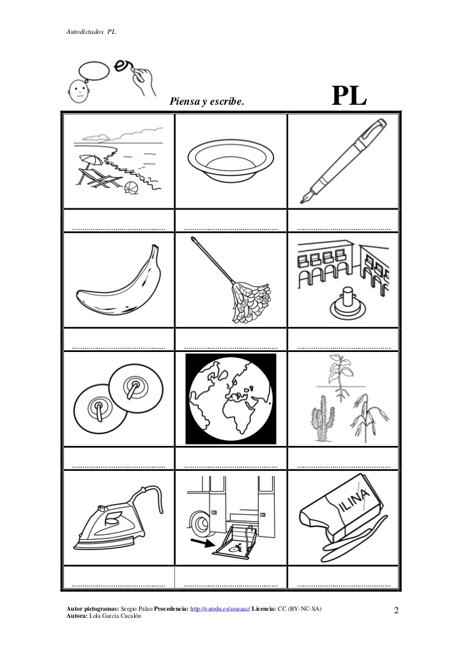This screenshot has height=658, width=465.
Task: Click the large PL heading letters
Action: click(349, 96)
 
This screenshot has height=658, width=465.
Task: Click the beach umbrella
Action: click(90, 160)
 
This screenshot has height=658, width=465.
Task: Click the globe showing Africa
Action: click(231, 399)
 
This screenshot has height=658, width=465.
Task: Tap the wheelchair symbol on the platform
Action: click(237, 547)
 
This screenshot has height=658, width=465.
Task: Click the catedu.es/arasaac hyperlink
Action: click(220, 609)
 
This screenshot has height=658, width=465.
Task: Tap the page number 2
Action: click(396, 610)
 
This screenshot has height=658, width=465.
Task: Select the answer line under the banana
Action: click(118, 348)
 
